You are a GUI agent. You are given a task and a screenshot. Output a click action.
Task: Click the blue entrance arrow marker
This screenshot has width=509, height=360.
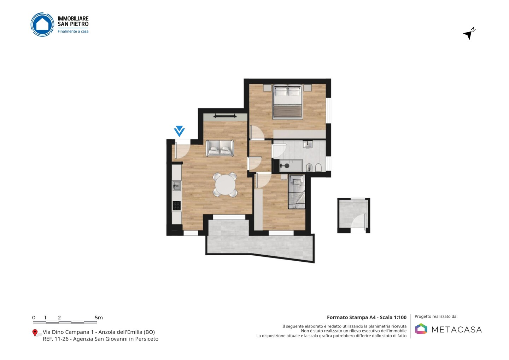point(179,131)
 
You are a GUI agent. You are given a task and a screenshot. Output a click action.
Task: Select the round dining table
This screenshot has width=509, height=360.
point(226,185)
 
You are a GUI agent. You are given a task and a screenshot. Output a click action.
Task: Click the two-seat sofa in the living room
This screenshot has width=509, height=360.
point(220,148)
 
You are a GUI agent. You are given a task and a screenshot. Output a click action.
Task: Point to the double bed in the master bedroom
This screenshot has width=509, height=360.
point(287,101)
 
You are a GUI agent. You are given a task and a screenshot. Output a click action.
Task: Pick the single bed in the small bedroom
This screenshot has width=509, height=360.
point(297,191)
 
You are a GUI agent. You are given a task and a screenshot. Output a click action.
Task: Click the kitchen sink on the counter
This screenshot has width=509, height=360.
point(177,186)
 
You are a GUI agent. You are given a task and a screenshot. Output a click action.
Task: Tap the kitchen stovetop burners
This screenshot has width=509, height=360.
point(177,206)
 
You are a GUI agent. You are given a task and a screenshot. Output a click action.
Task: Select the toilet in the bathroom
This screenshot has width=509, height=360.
point(318,168)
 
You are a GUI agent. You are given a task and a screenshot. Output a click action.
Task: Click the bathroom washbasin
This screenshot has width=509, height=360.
point(308,144)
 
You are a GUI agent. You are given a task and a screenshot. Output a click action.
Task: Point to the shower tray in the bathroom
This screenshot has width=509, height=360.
point(291,166)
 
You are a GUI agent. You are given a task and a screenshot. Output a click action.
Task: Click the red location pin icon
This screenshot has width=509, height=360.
point(35,333)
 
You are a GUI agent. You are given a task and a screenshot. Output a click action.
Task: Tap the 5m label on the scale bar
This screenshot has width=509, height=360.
point(99,318)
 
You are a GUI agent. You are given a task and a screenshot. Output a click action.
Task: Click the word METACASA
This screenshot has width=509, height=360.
point(457,330)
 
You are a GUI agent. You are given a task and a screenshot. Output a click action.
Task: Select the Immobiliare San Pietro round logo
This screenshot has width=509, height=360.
point(42,24)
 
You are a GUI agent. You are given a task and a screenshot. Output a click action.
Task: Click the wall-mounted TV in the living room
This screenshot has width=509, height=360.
point(225,116)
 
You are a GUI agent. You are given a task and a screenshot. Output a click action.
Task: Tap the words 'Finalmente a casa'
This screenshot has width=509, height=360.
point(73,31)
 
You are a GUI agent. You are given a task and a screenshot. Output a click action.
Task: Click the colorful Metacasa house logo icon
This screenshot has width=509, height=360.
point(421,329)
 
